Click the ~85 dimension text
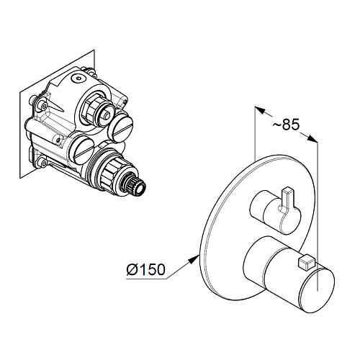(x=287, y=125)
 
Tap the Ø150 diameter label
(x=146, y=269)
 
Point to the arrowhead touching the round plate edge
(x=194, y=259)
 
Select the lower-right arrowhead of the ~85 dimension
(x=312, y=139)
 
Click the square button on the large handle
(x=305, y=262)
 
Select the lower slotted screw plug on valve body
(x=83, y=149)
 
